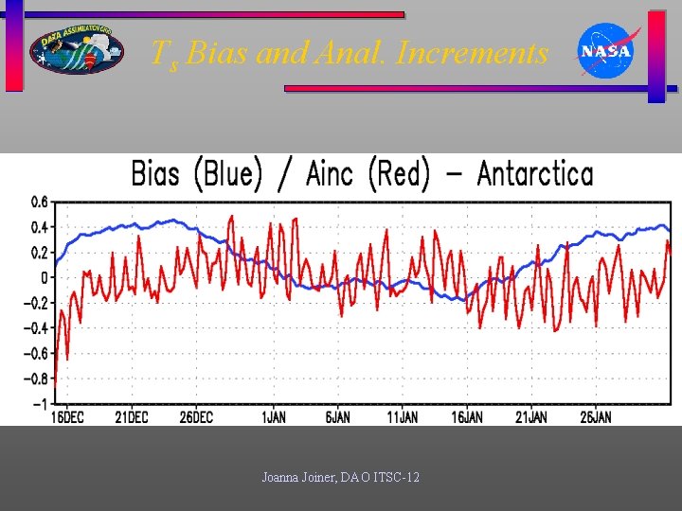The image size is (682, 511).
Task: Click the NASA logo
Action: [x=606, y=50]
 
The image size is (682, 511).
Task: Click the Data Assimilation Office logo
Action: [x=76, y=48]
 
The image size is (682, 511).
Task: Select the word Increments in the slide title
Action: [x=473, y=53]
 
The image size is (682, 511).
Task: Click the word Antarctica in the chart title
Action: [x=535, y=174]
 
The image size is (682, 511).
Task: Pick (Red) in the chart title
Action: [x=399, y=174]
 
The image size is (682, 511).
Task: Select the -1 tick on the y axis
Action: [x=41, y=404]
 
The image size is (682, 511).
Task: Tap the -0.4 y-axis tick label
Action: [x=35, y=328]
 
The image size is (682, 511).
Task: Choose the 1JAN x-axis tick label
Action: [x=273, y=417]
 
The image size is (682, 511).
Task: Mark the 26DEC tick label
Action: [x=196, y=417]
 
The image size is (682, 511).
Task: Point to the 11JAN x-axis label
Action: [x=403, y=417]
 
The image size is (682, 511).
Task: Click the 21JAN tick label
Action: [x=531, y=417]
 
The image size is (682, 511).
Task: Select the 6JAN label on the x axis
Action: [x=338, y=417]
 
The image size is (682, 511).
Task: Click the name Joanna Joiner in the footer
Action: [x=295, y=478]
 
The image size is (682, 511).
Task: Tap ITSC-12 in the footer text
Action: [x=398, y=478]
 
